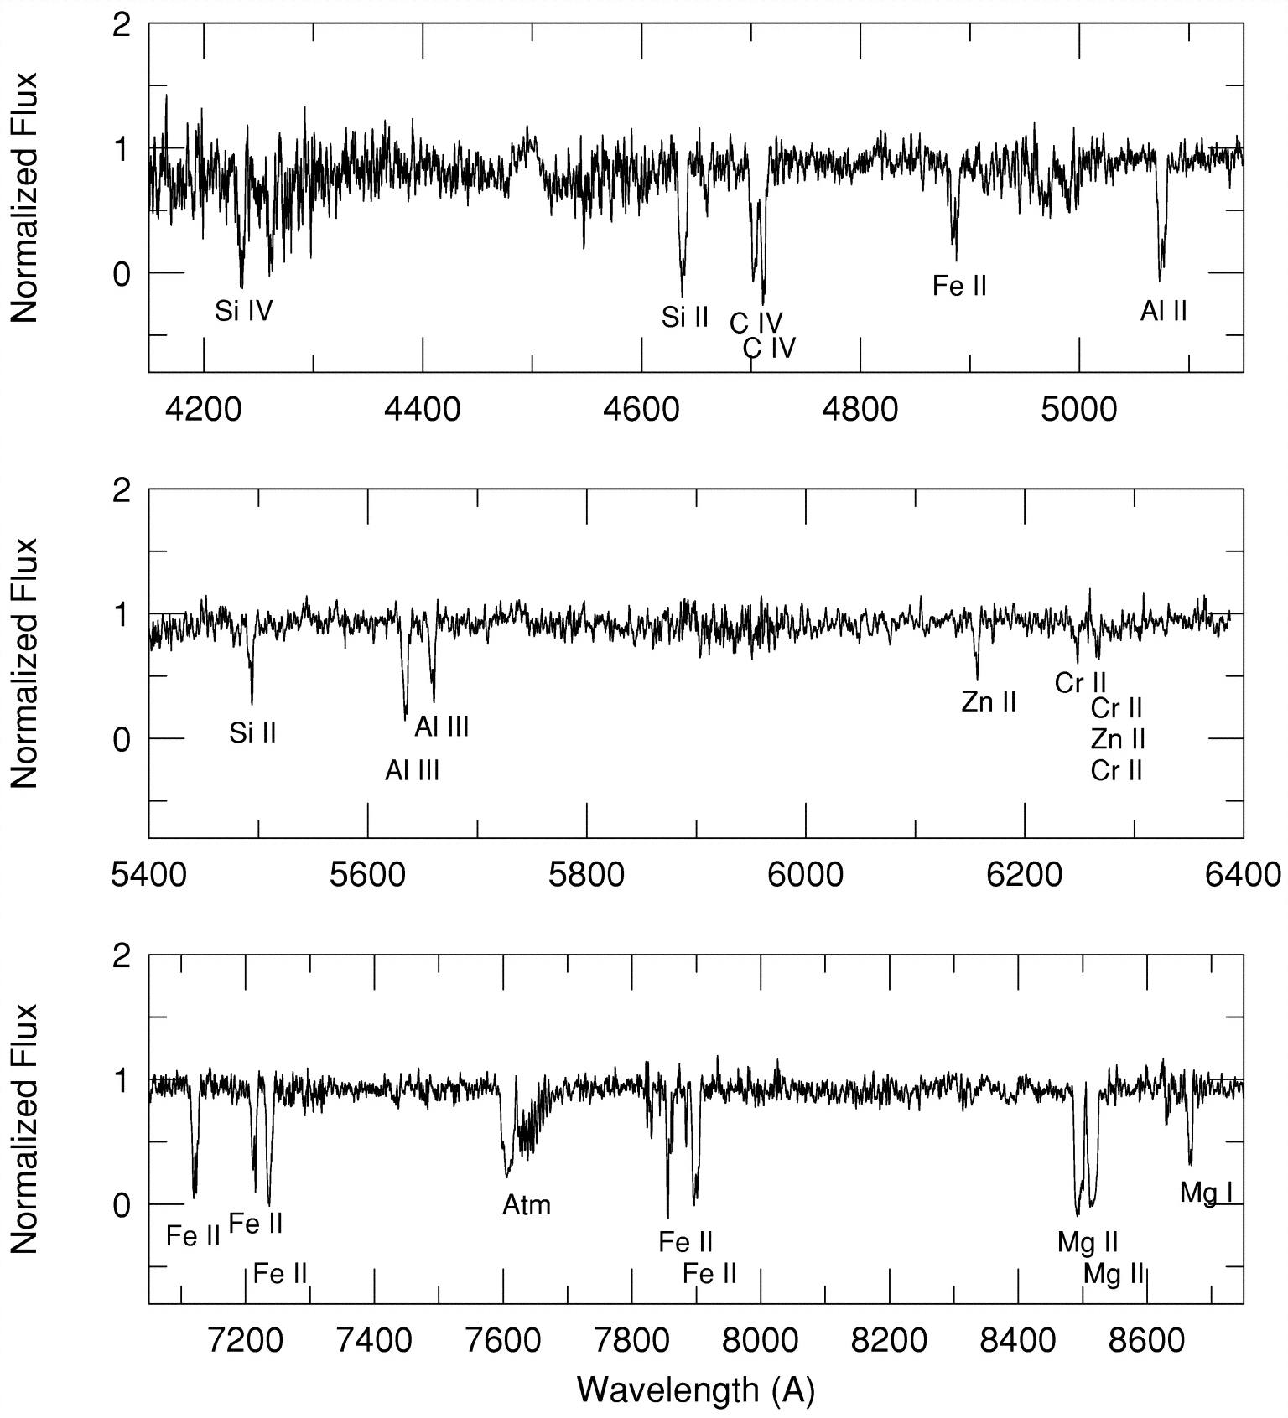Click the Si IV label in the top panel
click(244, 312)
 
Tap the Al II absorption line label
click(1163, 312)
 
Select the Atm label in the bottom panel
click(527, 1205)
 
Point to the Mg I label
click(1206, 1193)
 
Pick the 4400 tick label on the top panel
click(423, 410)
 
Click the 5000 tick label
click(1079, 410)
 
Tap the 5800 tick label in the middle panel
click(586, 875)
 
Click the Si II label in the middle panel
click(252, 734)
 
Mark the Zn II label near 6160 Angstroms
click(989, 701)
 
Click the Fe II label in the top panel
click(959, 287)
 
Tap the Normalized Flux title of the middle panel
click(25, 663)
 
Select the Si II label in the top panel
click(685, 318)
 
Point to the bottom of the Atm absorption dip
click(506, 1176)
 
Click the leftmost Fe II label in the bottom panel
click(193, 1236)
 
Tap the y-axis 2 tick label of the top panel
click(122, 26)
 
